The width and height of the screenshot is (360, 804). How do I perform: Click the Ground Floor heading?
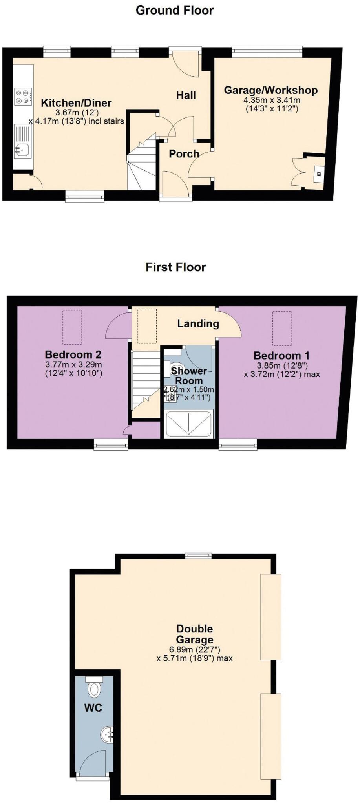(174, 10)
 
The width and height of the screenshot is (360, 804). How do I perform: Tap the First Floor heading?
(175, 267)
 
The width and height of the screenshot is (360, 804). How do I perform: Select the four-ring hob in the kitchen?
(23, 97)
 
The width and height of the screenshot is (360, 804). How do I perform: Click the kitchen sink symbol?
(23, 149)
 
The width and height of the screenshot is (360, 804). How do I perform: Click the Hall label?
(186, 95)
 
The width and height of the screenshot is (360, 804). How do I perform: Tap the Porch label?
(184, 153)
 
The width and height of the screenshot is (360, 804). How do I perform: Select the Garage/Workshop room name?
(270, 90)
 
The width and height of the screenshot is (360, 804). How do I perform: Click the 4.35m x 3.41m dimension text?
(272, 100)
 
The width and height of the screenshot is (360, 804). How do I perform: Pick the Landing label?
(198, 323)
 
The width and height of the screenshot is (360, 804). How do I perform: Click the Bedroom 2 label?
(73, 354)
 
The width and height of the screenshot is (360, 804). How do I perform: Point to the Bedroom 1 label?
(281, 356)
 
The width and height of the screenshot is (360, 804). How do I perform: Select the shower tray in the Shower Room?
(189, 424)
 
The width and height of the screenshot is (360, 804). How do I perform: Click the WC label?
(93, 708)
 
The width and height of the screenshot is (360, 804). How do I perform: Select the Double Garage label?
(194, 634)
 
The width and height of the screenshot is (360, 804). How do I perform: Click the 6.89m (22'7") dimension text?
(194, 649)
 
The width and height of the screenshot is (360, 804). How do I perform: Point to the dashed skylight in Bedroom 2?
(72, 326)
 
